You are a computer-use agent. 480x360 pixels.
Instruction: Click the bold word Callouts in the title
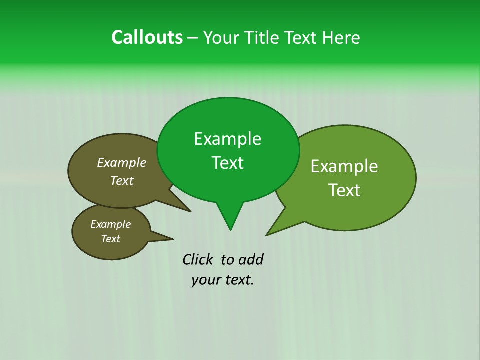click(147, 37)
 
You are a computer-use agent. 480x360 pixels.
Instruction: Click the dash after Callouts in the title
click(193, 38)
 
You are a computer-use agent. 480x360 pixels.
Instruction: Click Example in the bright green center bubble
click(227, 139)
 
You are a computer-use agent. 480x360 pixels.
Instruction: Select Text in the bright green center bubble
click(227, 163)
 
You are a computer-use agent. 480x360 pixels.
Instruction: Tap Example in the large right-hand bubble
click(344, 166)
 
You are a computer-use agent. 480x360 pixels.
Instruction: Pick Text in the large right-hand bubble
click(344, 190)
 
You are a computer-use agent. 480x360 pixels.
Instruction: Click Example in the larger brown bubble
click(121, 163)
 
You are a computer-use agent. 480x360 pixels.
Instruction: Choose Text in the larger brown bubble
click(121, 180)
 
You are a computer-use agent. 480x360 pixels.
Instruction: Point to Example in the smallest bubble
click(110, 224)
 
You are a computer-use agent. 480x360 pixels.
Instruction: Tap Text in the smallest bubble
click(110, 239)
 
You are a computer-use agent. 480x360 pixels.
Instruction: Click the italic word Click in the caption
click(198, 259)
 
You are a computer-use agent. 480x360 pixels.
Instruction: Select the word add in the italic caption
click(250, 259)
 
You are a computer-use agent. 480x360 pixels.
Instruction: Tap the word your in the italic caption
click(205, 280)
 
